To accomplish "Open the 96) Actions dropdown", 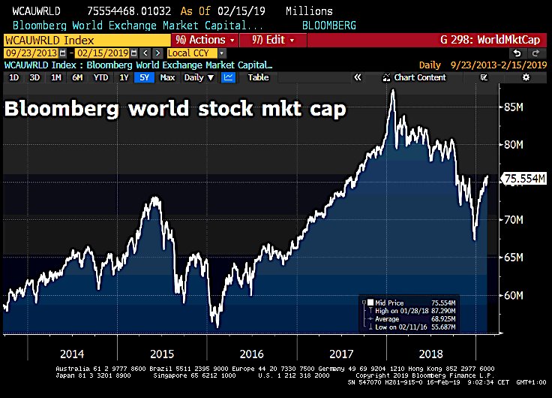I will tap(203, 40).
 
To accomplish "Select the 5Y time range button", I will tap(145, 77).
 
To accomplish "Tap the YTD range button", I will tap(101, 77).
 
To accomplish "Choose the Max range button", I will tap(167, 77).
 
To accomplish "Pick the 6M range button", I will tap(78, 77).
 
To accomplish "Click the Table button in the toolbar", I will tap(258, 77).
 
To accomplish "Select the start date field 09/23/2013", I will tap(30, 53).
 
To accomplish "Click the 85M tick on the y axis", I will tap(511, 107).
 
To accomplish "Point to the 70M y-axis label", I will tap(511, 219).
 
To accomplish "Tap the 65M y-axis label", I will tap(511, 257).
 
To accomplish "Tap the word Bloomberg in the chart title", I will tap(60, 109).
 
